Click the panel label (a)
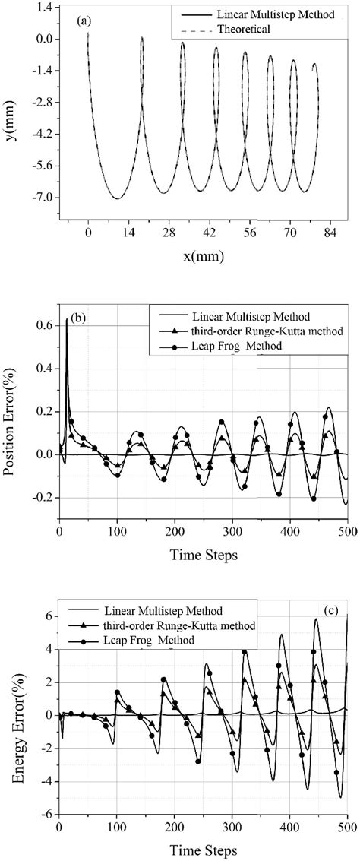84,21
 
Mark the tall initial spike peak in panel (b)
67,320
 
